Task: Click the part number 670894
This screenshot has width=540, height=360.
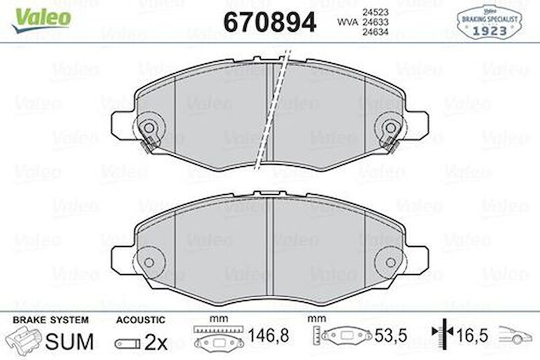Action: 269,21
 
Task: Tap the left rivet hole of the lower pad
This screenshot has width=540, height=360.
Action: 149,262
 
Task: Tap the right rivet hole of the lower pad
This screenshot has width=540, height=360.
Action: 390,262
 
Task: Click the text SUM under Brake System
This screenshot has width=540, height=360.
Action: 70,341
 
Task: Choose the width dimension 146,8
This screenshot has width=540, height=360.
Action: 269,336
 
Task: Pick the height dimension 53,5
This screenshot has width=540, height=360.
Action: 391,336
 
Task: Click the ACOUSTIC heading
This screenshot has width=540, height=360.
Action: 140,320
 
